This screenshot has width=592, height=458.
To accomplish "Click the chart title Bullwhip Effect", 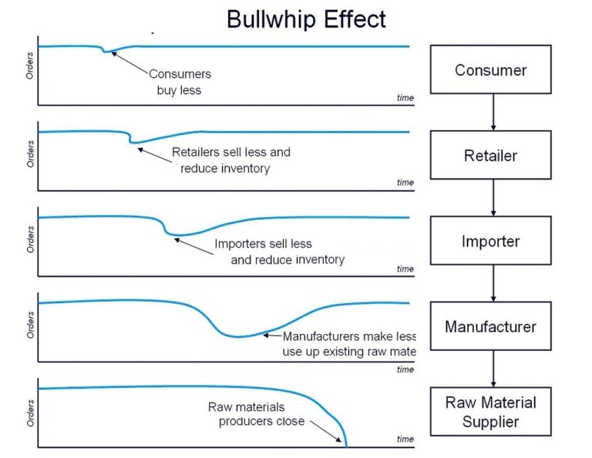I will point(306,19).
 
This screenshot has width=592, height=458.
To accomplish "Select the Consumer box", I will point(490,70).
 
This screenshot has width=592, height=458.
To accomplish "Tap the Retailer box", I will point(490,155).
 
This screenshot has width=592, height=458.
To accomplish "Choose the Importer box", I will point(490,241).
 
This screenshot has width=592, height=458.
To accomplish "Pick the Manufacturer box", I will point(490,326).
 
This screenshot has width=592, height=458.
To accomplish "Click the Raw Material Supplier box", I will point(490,412).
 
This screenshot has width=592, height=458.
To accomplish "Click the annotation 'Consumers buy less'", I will point(180,83).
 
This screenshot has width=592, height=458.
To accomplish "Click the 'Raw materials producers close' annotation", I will point(257,414).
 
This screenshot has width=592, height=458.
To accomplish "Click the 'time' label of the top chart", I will point(405,98).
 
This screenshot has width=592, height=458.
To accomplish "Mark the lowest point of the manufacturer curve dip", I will point(238,337).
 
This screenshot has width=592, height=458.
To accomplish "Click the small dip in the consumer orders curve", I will point(108,52).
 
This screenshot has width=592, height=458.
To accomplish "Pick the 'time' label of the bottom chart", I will point(405,439).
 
